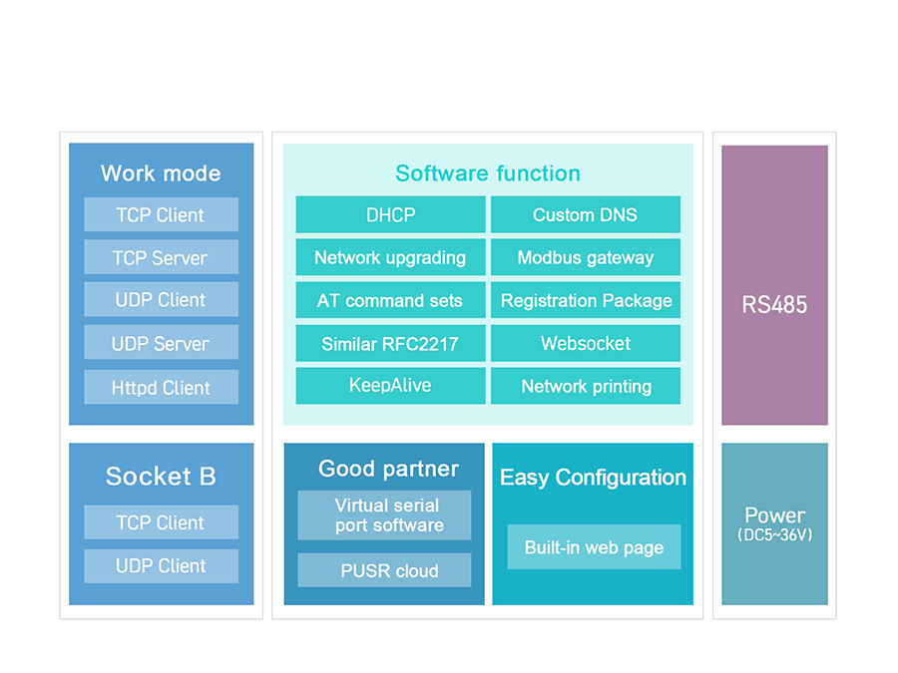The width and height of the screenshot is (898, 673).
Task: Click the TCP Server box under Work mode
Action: [161, 257]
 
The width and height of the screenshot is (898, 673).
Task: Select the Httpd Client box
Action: [161, 387]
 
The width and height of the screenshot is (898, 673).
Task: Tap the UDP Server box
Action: [161, 342]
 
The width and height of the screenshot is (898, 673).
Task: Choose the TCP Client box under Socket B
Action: [161, 521]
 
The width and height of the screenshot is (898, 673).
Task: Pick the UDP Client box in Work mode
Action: [161, 299]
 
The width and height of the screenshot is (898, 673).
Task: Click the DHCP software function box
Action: [390, 214]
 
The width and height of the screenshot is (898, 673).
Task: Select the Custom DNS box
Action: [586, 214]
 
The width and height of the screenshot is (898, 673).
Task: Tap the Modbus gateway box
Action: [586, 257]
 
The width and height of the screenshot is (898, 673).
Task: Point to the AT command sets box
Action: [390, 300]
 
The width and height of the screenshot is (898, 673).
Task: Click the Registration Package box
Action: [586, 300]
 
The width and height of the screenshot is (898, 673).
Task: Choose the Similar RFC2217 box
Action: [390, 343]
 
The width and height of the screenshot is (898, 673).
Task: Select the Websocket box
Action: [586, 343]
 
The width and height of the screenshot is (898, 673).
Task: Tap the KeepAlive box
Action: [390, 386]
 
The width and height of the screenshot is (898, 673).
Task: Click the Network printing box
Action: [586, 386]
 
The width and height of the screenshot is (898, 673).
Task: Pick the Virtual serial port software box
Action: [384, 515]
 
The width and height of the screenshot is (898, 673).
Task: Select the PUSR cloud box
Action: [384, 570]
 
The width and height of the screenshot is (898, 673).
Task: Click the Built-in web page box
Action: [594, 547]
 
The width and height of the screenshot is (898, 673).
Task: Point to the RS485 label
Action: [774, 305]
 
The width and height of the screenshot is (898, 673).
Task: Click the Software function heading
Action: [488, 173]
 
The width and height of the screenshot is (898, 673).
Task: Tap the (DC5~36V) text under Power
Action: [775, 535]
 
